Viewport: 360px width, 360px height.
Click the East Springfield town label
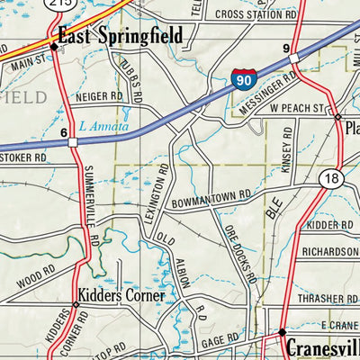click(x=120, y=36)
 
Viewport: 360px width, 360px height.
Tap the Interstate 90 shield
click(x=241, y=78)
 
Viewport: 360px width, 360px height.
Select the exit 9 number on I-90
click(x=285, y=48)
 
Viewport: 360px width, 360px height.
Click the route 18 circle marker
click(x=334, y=178)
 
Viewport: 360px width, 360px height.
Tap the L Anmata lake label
click(x=103, y=127)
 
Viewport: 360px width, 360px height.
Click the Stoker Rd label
click(x=23, y=157)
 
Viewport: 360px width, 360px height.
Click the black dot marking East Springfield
click(x=53, y=47)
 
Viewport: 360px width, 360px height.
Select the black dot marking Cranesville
click(x=281, y=332)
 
